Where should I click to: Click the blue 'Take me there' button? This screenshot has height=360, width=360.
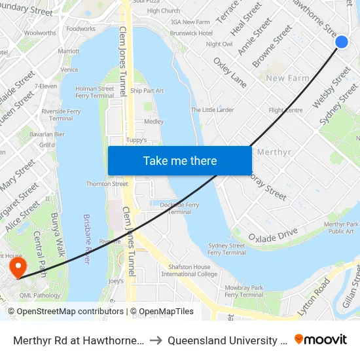(180, 161)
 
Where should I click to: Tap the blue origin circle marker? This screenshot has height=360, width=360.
(342, 42)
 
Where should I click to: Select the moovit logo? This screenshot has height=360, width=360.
(321, 340)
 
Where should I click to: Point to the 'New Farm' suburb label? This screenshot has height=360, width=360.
(287, 79)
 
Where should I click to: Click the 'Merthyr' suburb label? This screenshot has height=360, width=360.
(274, 152)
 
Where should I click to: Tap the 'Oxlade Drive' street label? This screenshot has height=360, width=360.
(273, 234)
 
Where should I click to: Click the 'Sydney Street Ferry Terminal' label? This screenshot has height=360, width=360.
(226, 249)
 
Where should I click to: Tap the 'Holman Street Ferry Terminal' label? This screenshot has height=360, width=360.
(94, 92)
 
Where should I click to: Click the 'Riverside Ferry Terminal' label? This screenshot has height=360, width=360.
(61, 115)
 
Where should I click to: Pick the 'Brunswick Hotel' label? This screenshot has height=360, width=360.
(191, 33)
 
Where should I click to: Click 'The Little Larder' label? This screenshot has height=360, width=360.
(212, 110)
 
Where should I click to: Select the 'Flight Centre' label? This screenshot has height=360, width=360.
(285, 110)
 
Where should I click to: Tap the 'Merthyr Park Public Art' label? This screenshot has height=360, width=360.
(341, 228)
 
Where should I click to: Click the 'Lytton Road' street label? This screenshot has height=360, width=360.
(314, 297)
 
